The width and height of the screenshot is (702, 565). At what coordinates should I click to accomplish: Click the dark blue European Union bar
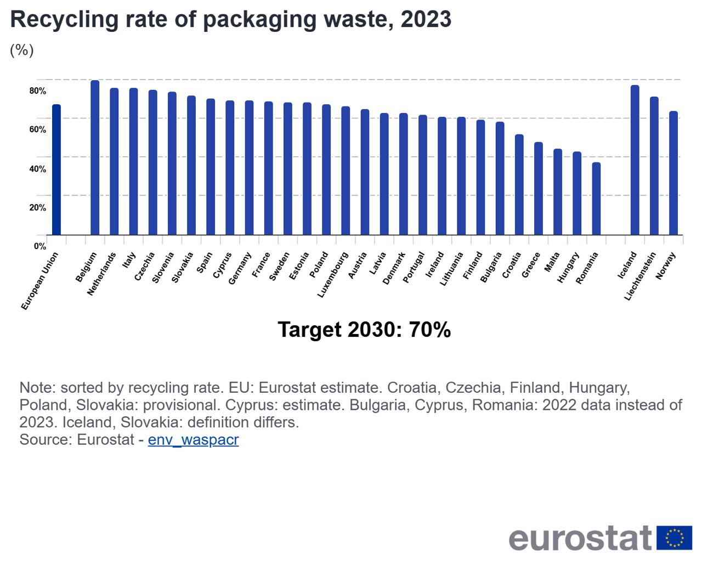click(56, 169)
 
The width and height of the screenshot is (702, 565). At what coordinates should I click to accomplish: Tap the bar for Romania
click(596, 199)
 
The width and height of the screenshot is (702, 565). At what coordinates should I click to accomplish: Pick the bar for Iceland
click(635, 160)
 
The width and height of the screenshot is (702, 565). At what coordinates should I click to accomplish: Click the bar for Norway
click(673, 173)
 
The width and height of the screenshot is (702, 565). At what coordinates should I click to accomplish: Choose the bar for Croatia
click(519, 184)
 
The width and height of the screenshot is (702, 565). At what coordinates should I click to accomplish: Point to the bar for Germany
click(249, 167)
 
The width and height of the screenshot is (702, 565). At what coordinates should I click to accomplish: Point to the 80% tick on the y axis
click(38, 91)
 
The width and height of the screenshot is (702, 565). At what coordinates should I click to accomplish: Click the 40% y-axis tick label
click(38, 169)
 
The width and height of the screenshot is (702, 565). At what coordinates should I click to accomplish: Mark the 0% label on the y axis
click(40, 246)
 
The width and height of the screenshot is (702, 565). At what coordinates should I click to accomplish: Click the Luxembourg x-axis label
click(333, 275)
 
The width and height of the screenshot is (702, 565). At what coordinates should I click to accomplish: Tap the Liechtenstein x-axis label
click(640, 276)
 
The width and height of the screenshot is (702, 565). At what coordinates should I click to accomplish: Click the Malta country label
click(552, 262)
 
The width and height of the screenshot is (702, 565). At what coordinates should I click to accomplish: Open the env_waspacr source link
click(193, 440)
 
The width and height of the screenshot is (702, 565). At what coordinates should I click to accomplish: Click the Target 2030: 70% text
click(364, 330)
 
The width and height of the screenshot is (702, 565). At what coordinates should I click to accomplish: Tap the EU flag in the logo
click(675, 538)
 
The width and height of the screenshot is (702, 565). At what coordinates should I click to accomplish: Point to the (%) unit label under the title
click(22, 50)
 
